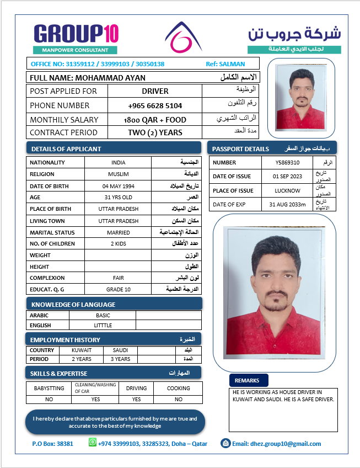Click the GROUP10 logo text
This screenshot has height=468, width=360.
pos(76,34)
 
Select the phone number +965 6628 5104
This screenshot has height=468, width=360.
pos(155,105)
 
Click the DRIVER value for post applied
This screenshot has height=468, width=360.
pos(155,91)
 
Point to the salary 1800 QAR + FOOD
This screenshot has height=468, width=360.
pos(155,120)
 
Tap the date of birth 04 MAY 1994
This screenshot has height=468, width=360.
pos(118,187)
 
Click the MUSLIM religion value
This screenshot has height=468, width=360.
pos(118,174)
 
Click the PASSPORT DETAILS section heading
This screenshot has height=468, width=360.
pos(241,149)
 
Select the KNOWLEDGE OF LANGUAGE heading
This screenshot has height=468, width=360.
pos(73,305)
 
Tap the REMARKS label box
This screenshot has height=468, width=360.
pos(248,381)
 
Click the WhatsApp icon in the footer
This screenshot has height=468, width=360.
pos(93,443)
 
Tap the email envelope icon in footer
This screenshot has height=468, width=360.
pos(225,443)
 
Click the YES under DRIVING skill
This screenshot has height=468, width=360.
pos(136,399)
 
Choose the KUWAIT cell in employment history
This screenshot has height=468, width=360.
pos(82,350)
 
